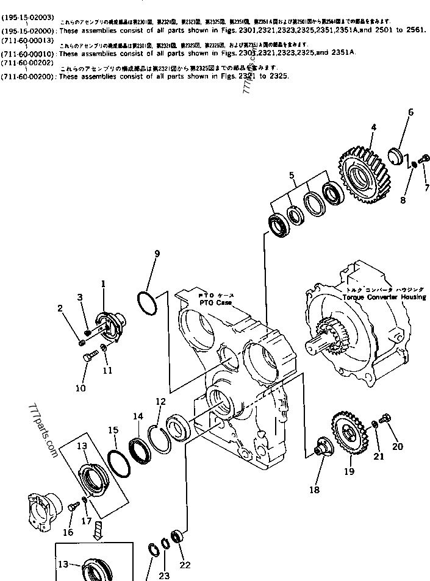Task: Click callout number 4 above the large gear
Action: pos(373,127)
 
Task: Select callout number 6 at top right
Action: pos(410,112)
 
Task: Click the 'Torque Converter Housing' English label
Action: pos(384,296)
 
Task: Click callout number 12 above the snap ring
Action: pos(161,401)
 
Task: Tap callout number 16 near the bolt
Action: pos(68,532)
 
